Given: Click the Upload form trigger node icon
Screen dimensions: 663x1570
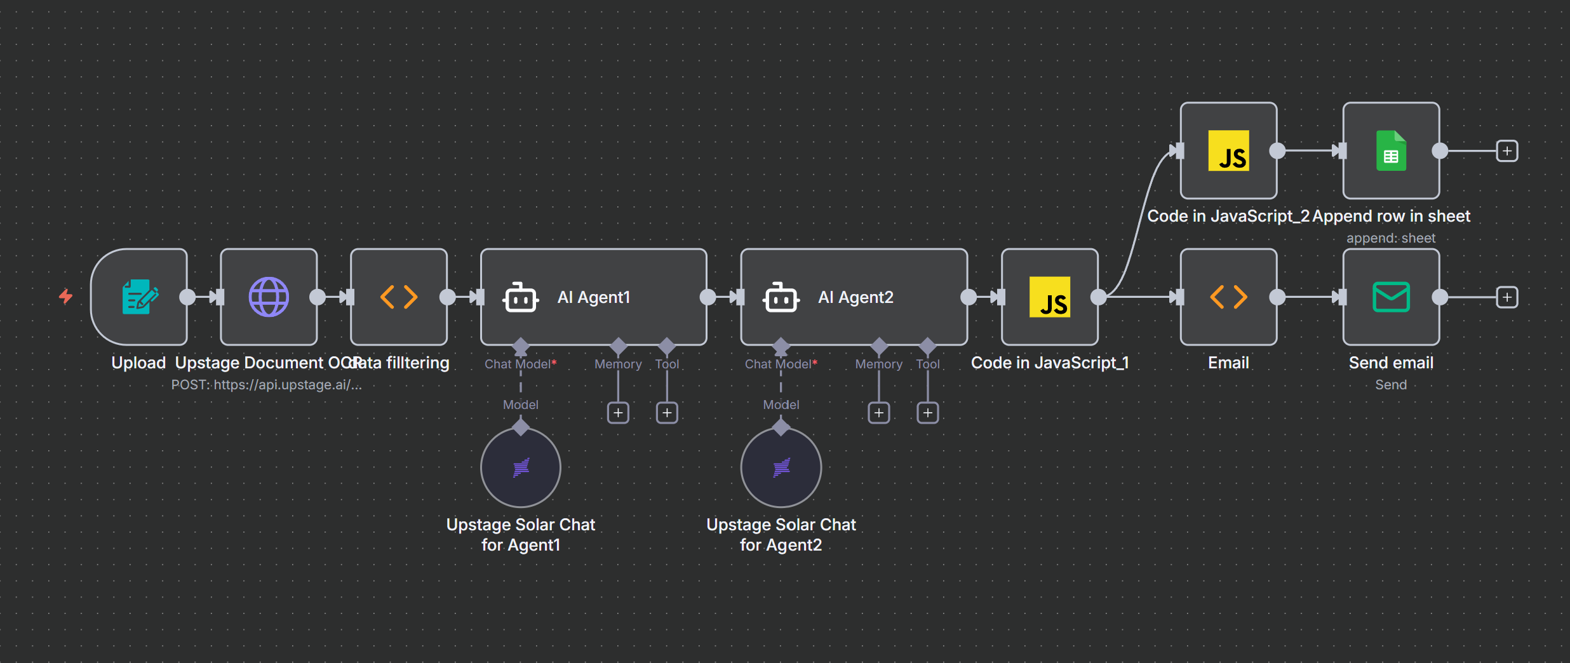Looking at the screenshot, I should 140,297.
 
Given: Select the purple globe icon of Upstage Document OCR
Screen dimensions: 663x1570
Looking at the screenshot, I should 269,297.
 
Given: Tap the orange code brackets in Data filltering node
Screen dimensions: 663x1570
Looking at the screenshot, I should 399,297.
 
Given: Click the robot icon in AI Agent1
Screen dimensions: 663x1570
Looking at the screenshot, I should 520,297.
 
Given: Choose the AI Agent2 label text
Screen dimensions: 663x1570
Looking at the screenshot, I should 855,297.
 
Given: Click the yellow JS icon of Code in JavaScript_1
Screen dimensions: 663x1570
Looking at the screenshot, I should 1050,297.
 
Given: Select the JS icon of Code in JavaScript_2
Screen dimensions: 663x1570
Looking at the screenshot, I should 1228,151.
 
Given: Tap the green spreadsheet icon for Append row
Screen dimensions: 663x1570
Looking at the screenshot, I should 1391,151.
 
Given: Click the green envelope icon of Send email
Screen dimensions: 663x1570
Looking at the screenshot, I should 1391,297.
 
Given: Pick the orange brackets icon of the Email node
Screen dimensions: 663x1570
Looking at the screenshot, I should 1228,297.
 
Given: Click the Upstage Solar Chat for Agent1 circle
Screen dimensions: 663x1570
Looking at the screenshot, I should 521,468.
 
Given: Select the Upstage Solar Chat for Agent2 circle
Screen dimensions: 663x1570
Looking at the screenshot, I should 781,468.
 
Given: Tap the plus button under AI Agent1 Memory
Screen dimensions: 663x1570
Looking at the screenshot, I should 618,413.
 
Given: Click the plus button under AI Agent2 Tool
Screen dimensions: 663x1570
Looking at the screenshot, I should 928,413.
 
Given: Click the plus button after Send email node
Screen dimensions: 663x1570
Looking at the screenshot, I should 1507,297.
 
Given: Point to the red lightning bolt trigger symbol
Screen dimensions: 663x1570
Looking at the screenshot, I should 65,297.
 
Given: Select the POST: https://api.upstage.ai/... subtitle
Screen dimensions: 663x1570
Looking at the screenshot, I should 266,385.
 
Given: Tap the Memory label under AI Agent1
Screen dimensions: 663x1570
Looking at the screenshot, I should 618,364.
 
